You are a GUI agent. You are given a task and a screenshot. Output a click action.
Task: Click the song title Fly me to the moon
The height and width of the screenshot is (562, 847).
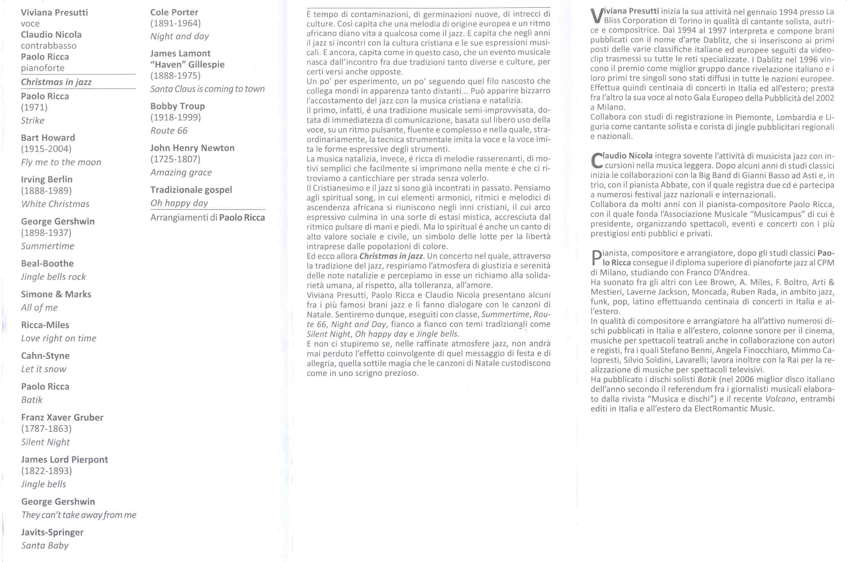[x=61, y=162]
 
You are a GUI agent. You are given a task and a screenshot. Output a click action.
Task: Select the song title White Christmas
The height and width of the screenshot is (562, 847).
[x=55, y=204]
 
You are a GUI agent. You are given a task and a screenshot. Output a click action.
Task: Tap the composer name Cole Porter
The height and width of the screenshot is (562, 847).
[x=174, y=12]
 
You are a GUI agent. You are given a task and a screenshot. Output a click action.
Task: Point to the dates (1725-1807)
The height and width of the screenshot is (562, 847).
[x=175, y=159]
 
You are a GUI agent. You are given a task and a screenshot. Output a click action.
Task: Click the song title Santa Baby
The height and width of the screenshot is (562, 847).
[x=45, y=546]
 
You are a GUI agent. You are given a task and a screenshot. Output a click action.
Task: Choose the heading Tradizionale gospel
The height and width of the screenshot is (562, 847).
[x=191, y=190]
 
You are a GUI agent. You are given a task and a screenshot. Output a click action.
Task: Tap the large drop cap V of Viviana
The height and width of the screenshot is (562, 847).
[x=596, y=16]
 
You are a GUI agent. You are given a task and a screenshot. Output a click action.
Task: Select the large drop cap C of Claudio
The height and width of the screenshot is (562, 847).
[x=596, y=161]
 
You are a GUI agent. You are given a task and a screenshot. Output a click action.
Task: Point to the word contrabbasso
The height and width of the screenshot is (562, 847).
[x=49, y=46]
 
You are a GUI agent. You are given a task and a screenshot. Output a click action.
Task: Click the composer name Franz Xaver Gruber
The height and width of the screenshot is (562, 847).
[x=62, y=418]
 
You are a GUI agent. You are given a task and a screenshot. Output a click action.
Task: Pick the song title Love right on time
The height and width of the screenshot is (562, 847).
[x=58, y=338]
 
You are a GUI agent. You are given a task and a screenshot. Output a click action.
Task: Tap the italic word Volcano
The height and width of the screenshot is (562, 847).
[x=780, y=399]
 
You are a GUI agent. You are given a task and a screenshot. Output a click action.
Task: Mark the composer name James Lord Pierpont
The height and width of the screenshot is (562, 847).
[x=64, y=460]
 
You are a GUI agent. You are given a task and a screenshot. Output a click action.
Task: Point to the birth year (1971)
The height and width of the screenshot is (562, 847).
[x=34, y=108]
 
